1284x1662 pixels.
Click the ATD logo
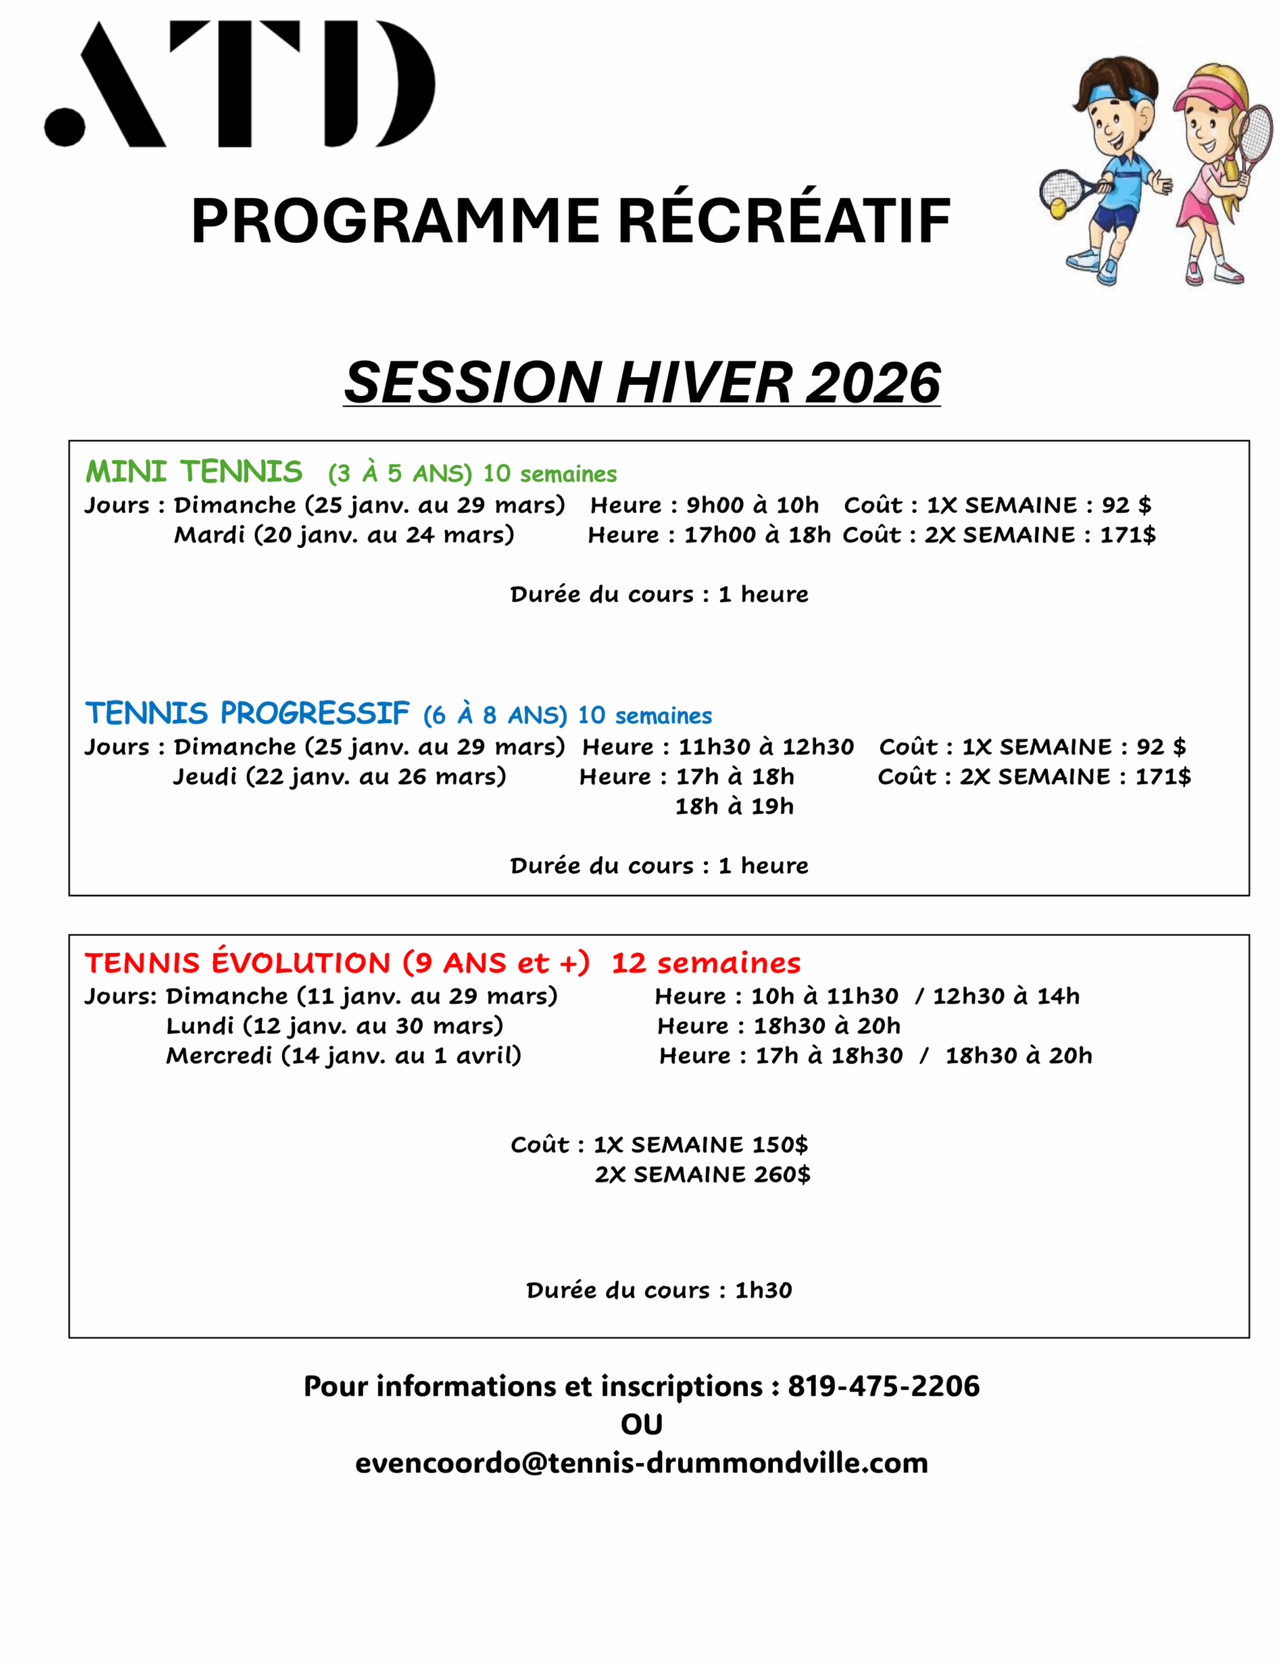pyautogui.click(x=240, y=84)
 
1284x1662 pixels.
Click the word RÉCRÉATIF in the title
pyautogui.click(x=784, y=221)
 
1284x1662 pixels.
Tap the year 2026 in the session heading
pyautogui.click(x=873, y=382)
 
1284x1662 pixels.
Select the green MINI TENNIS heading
pyautogui.click(x=194, y=471)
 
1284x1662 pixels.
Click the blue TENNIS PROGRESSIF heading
pyautogui.click(x=247, y=713)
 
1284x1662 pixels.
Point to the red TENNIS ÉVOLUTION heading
pyautogui.click(x=238, y=962)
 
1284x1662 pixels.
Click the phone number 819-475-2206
pyautogui.click(x=883, y=1385)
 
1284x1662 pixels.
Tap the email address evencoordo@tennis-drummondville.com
pyautogui.click(x=642, y=1462)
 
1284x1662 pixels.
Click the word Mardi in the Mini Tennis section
pyautogui.click(x=209, y=535)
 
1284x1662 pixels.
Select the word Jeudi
pyautogui.click(x=205, y=777)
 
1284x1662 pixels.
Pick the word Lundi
pyautogui.click(x=200, y=1026)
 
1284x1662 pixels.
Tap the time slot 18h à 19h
pyautogui.click(x=734, y=807)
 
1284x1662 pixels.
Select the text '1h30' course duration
pyautogui.click(x=763, y=1290)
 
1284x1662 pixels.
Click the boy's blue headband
pyautogui.click(x=1119, y=93)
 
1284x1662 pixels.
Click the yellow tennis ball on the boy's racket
pyautogui.click(x=1059, y=209)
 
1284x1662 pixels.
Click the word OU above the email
pyautogui.click(x=642, y=1424)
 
